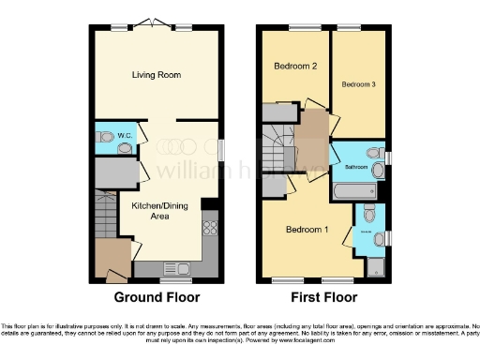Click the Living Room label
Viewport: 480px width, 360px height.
[x=156, y=74]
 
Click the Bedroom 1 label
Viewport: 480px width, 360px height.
[x=306, y=231]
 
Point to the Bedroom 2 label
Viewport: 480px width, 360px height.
[x=293, y=67]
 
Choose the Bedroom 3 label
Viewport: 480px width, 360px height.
[x=358, y=84]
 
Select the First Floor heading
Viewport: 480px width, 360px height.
[x=324, y=298]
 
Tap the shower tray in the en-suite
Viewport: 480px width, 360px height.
[x=376, y=265]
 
